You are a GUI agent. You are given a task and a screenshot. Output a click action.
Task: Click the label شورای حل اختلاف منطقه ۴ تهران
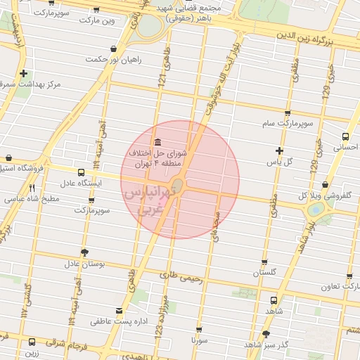pyautogui.click(x=158, y=157)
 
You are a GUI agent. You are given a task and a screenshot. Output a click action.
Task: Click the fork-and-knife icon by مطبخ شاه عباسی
pyautogui.click(x=32, y=188)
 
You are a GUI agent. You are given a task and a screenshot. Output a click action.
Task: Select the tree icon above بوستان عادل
pyautogui.click(x=85, y=252)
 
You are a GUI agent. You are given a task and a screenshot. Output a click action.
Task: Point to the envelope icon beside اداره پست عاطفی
pyautogui.click(x=118, y=310)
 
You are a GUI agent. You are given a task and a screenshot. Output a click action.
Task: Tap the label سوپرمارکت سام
pyautogui.click(x=288, y=124)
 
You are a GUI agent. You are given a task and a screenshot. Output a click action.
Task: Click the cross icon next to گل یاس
pyautogui.click(x=279, y=150)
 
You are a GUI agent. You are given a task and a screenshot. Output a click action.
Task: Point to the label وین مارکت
pyautogui.click(x=96, y=21)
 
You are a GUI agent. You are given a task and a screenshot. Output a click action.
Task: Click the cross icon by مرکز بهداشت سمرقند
pyautogui.click(x=24, y=73)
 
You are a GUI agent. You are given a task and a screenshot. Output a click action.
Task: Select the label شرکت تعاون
pyautogui.click(x=340, y=286)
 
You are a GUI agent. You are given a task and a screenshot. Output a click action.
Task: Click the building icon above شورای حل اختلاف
pyautogui.click(x=155, y=141)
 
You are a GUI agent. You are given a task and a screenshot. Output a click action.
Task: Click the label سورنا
pyautogui.click(x=200, y=339)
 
